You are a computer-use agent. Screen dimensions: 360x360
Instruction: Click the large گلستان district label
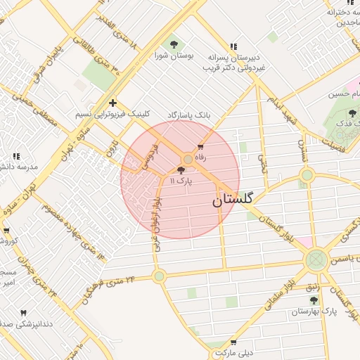pos(236,200)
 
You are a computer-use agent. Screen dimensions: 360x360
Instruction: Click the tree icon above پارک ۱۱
pos(181,170)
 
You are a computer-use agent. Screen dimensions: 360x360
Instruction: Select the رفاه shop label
pos(201,157)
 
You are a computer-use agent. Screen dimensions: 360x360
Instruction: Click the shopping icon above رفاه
pos(201,147)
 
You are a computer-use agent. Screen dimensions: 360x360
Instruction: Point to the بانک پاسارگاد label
pos(188,114)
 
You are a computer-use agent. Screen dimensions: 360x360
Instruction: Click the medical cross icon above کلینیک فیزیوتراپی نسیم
pos(112,103)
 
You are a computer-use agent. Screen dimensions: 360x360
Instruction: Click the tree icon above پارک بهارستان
pos(314,300)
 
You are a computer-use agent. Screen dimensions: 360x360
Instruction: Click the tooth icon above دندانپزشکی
pos(22,312)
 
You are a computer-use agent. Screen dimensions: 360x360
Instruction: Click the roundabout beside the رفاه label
pos(188,159)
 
